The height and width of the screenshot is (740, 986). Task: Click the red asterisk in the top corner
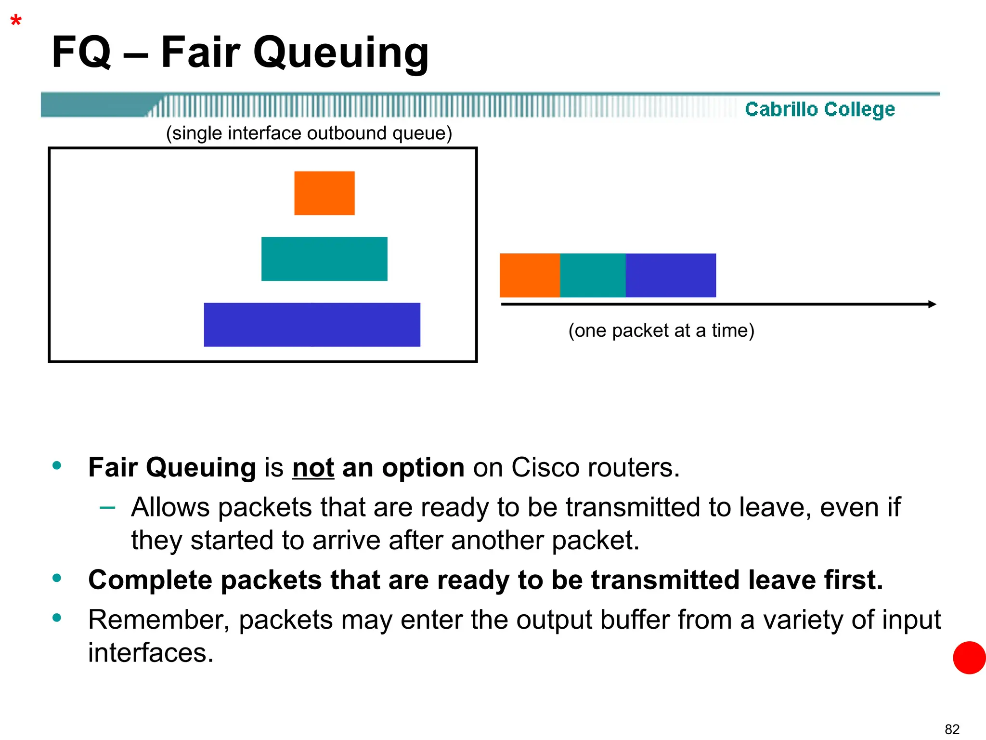tap(16, 21)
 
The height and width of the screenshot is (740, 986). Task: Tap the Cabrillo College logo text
tap(819, 109)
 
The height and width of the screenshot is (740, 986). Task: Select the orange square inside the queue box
tap(324, 193)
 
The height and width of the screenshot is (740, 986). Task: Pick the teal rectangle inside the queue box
tap(324, 259)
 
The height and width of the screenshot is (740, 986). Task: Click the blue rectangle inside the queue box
tap(312, 325)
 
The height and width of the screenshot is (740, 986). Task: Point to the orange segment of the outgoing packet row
tap(530, 275)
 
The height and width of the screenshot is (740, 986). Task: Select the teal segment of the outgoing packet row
tap(593, 275)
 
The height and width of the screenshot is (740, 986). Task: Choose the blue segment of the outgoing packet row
tap(671, 275)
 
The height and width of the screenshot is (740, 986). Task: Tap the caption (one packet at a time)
tap(661, 331)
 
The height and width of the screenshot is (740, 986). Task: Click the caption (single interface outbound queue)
tap(309, 133)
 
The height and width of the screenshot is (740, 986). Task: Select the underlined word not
tap(313, 467)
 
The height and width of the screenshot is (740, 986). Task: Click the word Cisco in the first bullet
tap(545, 467)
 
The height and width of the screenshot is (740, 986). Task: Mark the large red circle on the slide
tap(969, 658)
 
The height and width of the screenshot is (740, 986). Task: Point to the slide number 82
tap(952, 729)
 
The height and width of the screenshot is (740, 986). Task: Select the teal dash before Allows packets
tap(107, 507)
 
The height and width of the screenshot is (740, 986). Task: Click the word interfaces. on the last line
tap(150, 653)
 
